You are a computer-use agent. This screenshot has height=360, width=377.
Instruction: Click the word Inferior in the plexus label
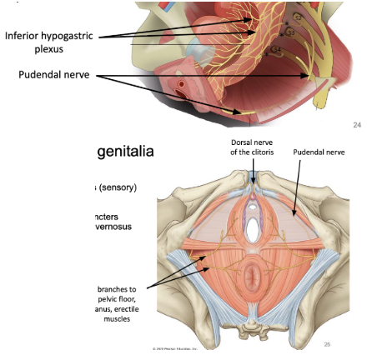[x=25, y=36]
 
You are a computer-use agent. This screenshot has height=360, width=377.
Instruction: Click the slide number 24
[x=358, y=125]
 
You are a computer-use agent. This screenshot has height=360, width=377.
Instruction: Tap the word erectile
[x=123, y=308]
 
